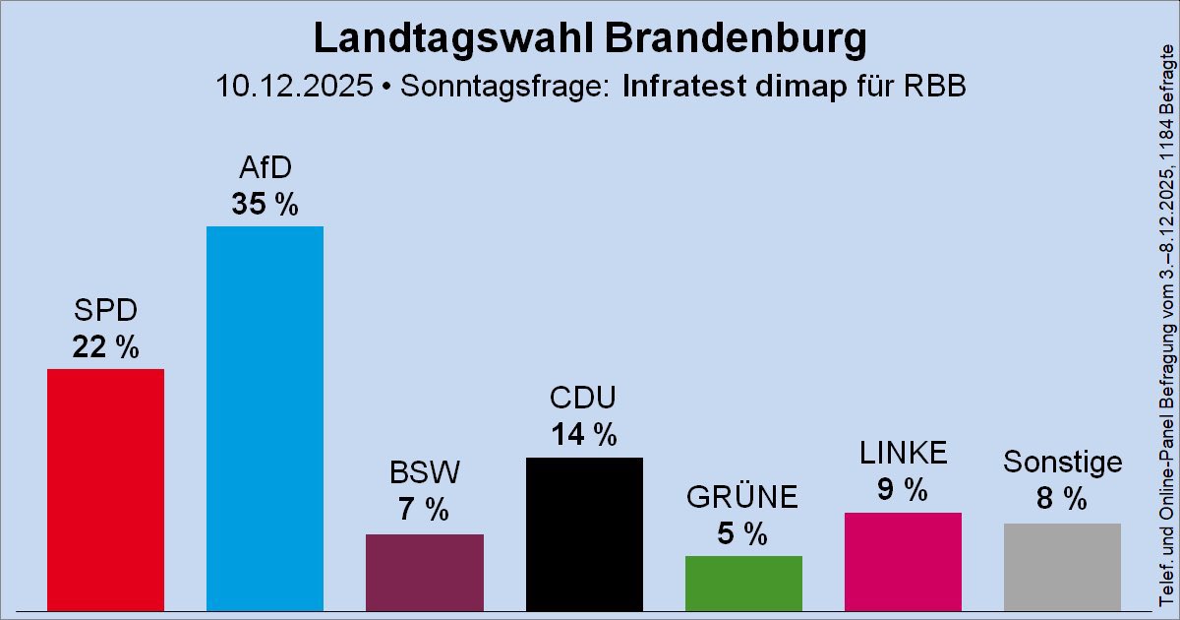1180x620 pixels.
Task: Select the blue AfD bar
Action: point(265,418)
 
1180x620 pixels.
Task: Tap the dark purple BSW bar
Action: point(424,572)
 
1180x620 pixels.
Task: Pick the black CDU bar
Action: point(584,533)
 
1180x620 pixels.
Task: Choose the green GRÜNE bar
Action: point(743,583)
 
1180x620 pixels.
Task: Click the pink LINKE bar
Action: point(903,561)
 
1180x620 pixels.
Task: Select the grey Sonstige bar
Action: point(1062,566)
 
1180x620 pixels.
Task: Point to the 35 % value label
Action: point(265,204)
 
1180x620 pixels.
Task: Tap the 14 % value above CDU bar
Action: point(584,434)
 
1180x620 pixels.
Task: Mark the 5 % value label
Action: point(743,533)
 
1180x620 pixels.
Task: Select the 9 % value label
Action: point(903,489)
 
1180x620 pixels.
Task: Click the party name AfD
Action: point(265,168)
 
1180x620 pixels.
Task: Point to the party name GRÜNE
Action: point(743,498)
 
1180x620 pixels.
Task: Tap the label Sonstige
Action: point(1062,463)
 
